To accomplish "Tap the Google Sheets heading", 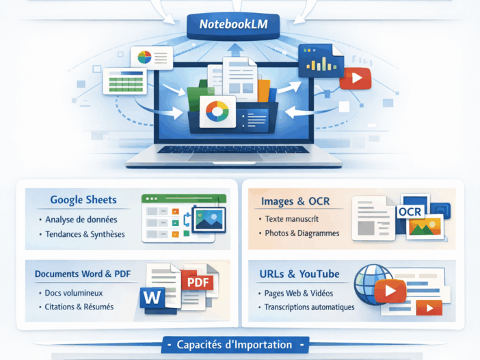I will pos(83,201).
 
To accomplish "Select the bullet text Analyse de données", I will pos(81,220).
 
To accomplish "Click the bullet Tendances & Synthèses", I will pos(85,234).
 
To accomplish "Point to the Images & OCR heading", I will pos(295,202).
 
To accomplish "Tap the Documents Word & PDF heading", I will pos(83,274).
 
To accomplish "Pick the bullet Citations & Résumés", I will pos(79,307).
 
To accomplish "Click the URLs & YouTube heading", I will pos(299,274).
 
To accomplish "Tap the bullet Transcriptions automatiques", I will pos(310,307).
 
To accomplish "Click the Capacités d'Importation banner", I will pos(235,344).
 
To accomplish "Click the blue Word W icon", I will pos(151,298).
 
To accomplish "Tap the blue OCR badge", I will pos(410,212).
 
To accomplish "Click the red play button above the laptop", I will pos(355,79).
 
